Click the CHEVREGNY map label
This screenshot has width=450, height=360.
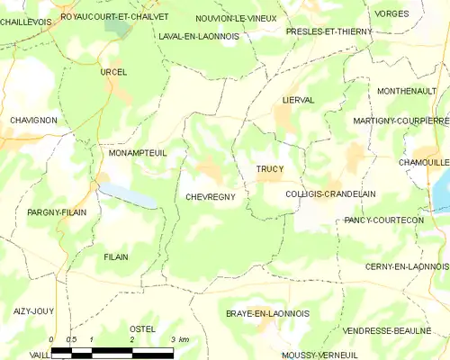point(211,196)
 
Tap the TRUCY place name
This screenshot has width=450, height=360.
point(269,169)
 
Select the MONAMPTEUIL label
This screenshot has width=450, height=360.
point(138,154)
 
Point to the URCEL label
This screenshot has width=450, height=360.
point(114,72)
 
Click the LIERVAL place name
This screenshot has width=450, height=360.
point(298,101)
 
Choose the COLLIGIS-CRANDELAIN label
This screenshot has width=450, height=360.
point(330,194)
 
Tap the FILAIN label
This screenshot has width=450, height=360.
point(116,257)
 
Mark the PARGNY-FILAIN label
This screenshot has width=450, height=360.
point(56,212)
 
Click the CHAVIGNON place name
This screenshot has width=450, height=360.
point(33,120)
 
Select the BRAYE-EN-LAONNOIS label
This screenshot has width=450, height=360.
point(268,313)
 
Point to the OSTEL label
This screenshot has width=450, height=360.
point(143,329)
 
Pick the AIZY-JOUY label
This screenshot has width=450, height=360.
point(34,310)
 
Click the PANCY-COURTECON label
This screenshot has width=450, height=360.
point(384,220)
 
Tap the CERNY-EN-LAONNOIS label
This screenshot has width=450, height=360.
point(407,266)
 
